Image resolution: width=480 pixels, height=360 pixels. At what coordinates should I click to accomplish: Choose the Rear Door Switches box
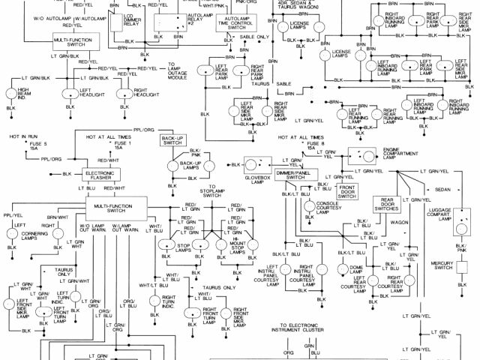[388, 204]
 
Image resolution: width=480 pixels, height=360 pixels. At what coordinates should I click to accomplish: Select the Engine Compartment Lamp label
[403, 154]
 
